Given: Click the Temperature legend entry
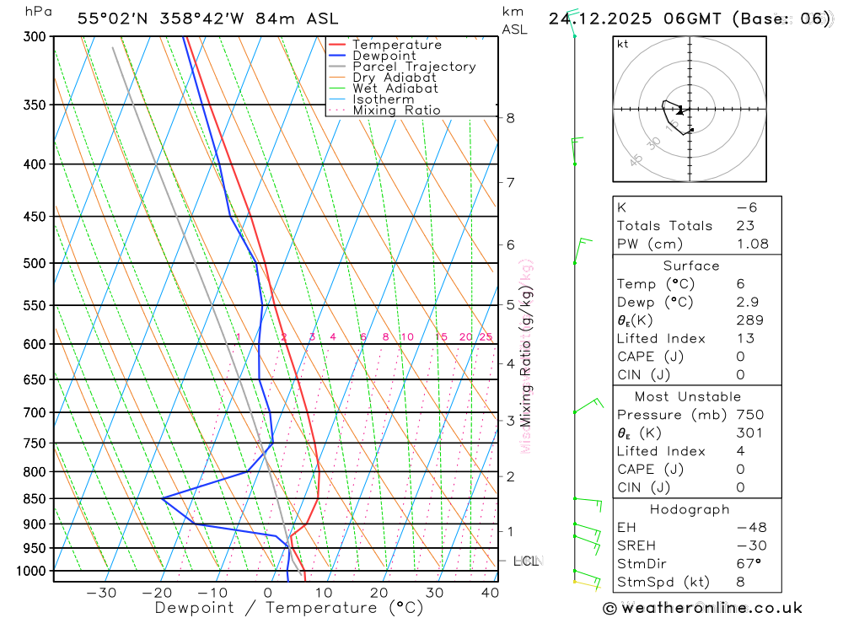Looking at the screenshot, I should tap(396, 45).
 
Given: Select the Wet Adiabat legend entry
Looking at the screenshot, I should tap(395, 89).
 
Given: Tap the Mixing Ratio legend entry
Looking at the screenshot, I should tap(396, 110).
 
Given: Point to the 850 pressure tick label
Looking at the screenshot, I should tap(35, 498).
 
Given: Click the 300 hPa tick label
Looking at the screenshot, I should tap(35, 37).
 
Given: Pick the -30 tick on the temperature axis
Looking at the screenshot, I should tap(101, 593).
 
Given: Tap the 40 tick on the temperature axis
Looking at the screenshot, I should tap(490, 593).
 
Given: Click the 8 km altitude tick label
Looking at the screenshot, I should tap(511, 118).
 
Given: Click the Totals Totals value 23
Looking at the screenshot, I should tap(744, 225).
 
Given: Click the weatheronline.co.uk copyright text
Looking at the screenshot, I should tap(703, 608).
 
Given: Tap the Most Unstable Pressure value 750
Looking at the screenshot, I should tap(749, 415).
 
